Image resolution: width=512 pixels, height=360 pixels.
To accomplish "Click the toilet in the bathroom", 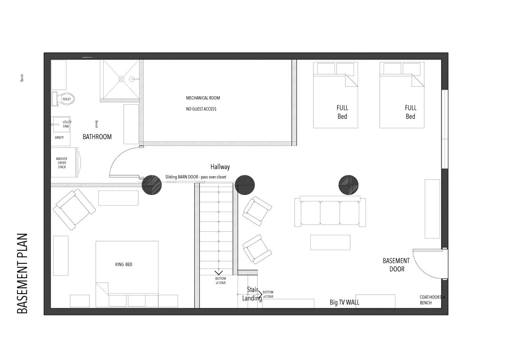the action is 63,99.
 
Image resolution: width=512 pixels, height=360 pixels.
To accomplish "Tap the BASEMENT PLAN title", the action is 23,273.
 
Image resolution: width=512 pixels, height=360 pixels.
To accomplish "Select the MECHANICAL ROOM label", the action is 203,98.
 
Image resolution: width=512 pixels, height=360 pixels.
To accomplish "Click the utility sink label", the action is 67,124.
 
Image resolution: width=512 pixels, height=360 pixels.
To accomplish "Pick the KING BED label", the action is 123,264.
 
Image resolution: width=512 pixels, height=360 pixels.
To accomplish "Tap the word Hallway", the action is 220,167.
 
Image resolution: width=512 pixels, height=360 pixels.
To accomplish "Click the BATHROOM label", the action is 97,137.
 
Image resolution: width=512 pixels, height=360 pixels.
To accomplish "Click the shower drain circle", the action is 121,79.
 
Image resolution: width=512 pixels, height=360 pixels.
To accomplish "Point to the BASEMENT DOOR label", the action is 396,265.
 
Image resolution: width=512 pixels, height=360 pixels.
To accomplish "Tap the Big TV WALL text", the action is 345,302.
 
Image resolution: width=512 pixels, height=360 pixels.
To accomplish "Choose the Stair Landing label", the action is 252,294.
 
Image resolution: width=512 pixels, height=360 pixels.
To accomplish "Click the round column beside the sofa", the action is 348,185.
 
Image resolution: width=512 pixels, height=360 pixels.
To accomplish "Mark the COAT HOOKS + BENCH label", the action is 432,300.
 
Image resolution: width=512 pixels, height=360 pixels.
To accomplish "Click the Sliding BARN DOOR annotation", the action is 196,177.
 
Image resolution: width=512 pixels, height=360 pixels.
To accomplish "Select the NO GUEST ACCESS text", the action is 201,109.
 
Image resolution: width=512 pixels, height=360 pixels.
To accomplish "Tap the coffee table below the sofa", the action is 330,242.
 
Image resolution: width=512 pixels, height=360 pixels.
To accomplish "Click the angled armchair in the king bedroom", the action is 74,210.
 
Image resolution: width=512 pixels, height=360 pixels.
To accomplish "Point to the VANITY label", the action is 59,137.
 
